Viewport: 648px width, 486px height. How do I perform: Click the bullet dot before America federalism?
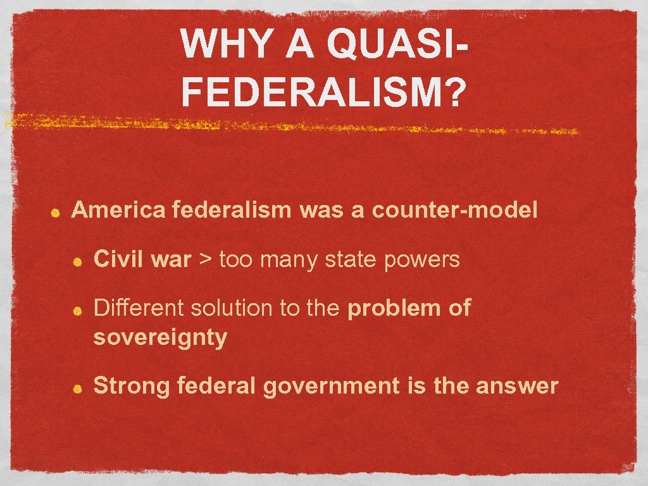[x=56, y=213]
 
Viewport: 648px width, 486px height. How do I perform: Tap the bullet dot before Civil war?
[x=78, y=262]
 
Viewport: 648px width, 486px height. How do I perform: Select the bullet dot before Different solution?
[x=78, y=311]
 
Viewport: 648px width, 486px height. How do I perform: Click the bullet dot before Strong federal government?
[x=78, y=388]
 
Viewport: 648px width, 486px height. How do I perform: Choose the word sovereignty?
[x=160, y=338]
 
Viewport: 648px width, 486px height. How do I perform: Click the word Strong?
[x=132, y=386]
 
